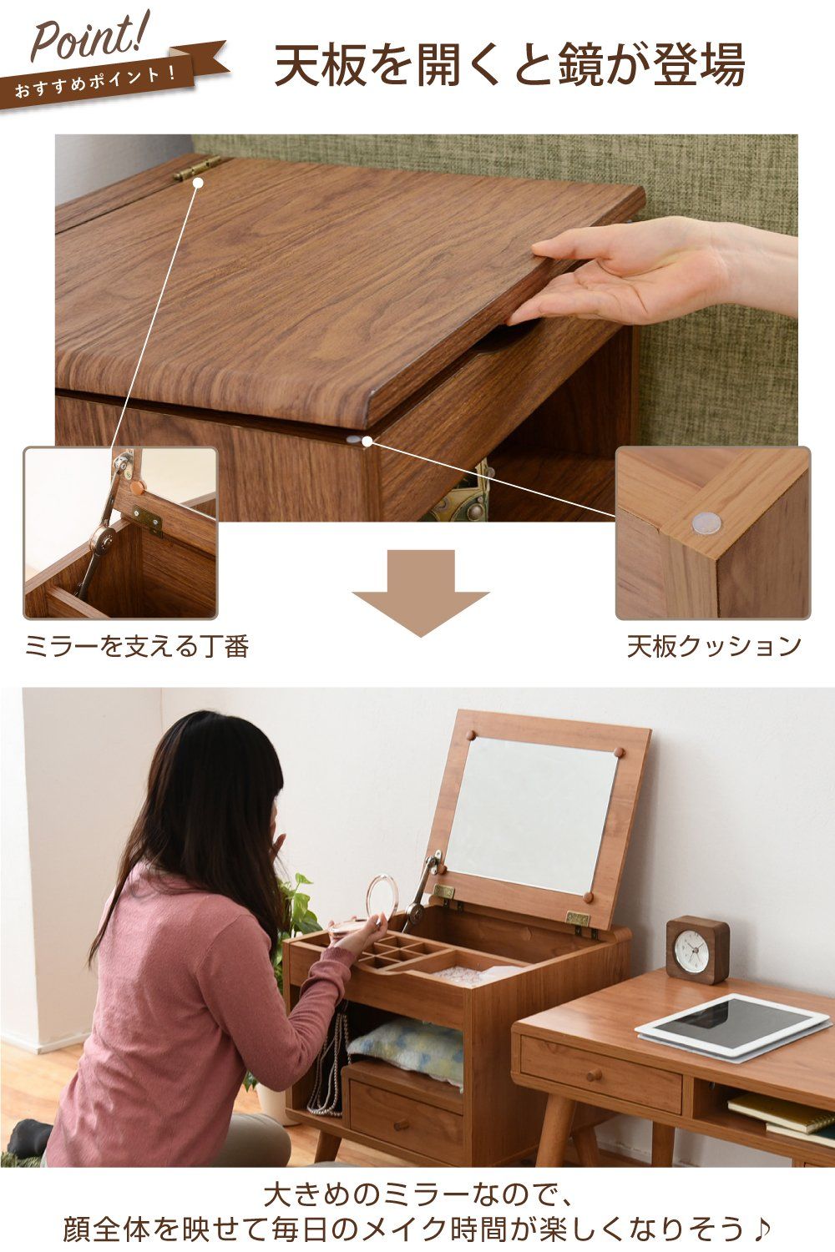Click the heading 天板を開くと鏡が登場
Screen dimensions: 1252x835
tap(509, 66)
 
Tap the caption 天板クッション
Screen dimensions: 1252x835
tap(714, 645)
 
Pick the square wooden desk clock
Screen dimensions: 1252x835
tap(698, 948)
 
